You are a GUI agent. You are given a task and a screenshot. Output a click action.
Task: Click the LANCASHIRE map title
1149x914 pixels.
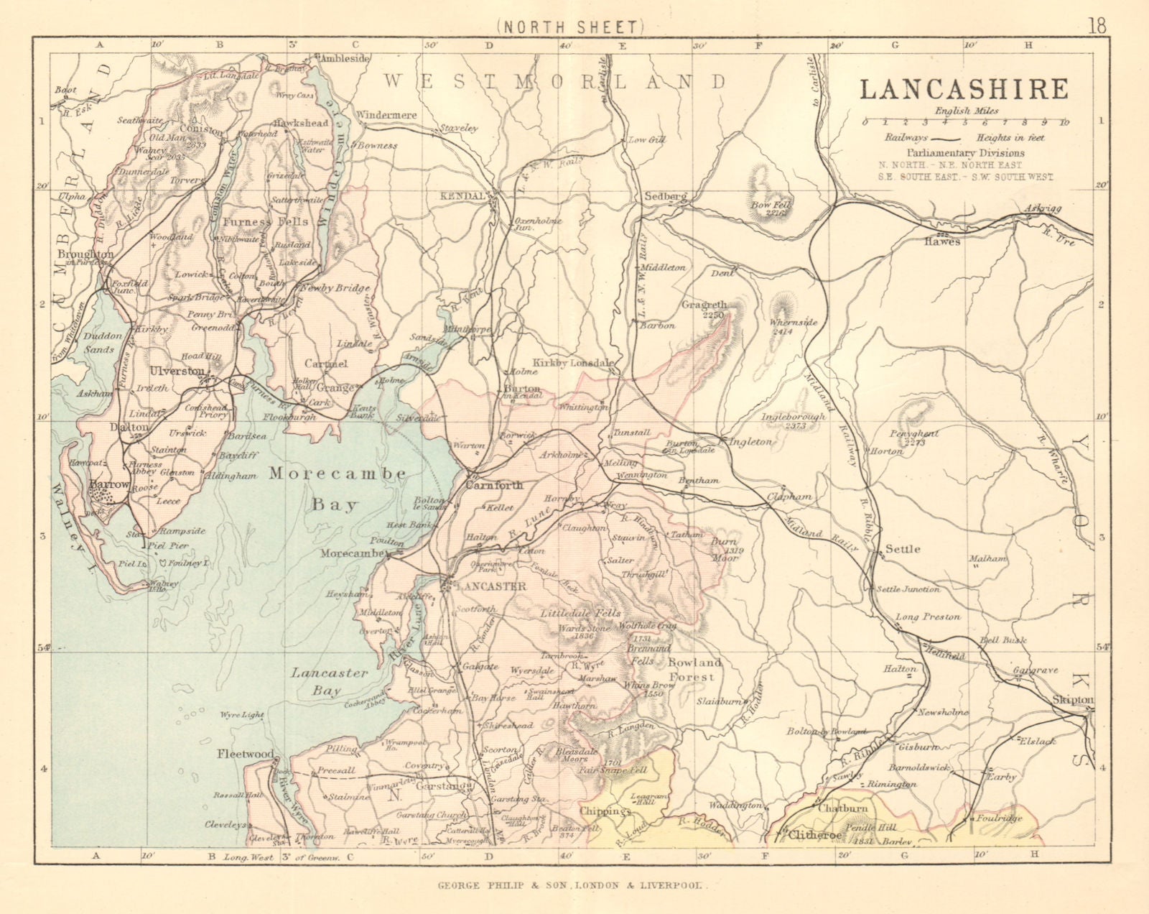[x=964, y=89]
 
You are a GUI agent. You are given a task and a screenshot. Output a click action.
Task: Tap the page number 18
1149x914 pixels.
[x=1097, y=27]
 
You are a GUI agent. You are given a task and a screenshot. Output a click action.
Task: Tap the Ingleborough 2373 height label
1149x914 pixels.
[x=794, y=421]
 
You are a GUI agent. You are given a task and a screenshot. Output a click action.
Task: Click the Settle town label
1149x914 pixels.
[x=903, y=549]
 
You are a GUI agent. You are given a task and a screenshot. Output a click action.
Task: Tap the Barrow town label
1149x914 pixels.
[x=108, y=485]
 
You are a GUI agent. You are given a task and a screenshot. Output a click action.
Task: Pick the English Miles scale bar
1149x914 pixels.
[x=964, y=122]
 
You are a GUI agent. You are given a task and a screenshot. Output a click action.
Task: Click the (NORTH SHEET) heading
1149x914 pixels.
[x=568, y=27]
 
